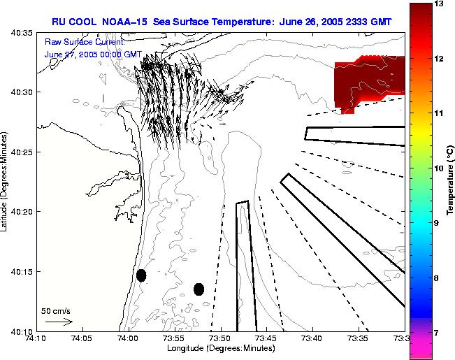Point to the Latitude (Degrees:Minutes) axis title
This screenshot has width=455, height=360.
tap(5, 182)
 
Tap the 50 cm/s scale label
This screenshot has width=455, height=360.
tap(56, 311)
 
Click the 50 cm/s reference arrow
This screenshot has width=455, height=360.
tap(59, 322)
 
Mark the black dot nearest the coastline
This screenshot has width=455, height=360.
tap(141, 275)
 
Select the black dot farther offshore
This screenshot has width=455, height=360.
tap(198, 289)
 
